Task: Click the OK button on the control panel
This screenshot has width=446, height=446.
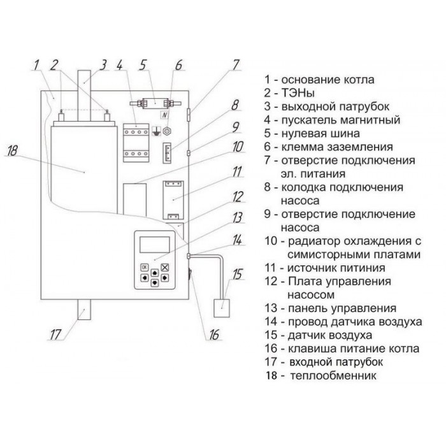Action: tap(144, 267)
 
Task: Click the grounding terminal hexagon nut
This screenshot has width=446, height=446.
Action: tap(167, 133)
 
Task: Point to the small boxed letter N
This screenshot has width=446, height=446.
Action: tap(164, 115)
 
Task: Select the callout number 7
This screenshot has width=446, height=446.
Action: tap(235, 64)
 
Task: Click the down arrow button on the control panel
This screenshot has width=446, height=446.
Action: tap(154, 285)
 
